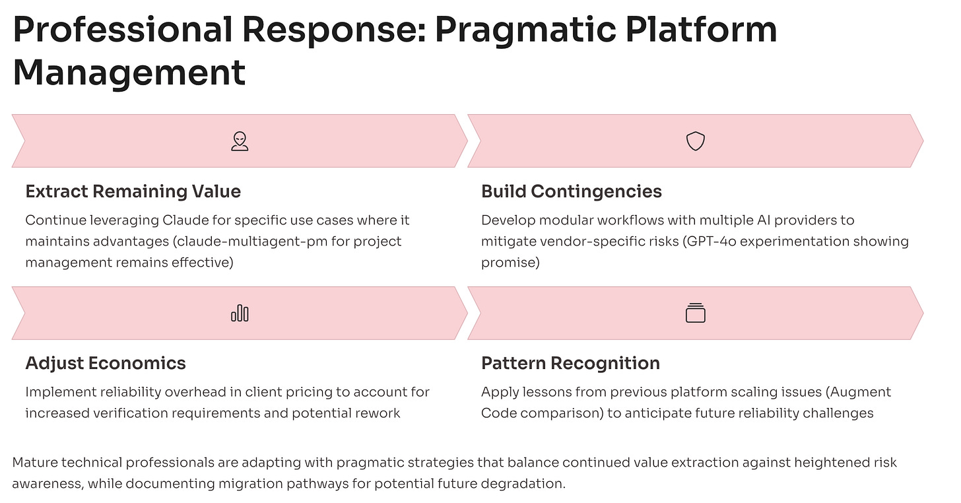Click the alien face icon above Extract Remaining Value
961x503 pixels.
[240, 141]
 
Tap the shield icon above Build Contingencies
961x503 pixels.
[696, 141]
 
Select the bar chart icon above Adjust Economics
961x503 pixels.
[240, 313]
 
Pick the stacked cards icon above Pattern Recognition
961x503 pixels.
[696, 313]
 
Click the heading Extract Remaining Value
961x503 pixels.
[133, 191]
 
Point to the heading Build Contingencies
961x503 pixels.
[572, 191]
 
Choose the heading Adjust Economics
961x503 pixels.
[106, 363]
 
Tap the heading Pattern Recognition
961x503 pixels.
[570, 363]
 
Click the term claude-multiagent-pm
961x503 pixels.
[237, 242]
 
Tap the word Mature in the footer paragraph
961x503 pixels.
[34, 463]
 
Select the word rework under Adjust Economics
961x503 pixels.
[376, 413]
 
